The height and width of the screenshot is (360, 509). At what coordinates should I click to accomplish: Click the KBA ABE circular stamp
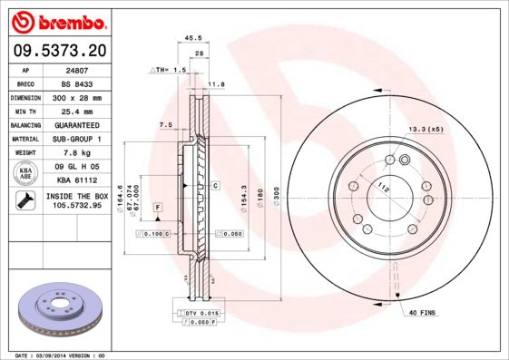click(x=24, y=172)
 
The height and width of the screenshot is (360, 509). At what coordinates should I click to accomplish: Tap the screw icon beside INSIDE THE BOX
click(x=24, y=200)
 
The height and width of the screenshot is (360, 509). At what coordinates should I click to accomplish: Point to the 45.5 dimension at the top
click(x=192, y=38)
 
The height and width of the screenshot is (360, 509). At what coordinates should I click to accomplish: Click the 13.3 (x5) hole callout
click(x=426, y=129)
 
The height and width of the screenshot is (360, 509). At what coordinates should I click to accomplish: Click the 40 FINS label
click(x=423, y=313)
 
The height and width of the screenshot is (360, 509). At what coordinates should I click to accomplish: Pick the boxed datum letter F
click(x=158, y=209)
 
